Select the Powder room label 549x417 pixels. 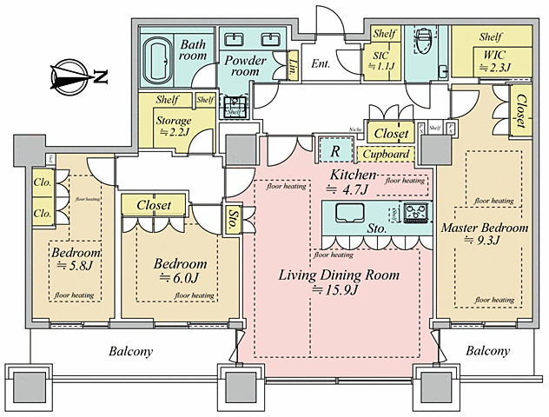(x=246, y=67)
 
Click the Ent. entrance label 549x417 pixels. (x=321, y=63)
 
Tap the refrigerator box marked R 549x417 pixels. (x=334, y=149)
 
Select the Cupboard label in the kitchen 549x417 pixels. (x=385, y=155)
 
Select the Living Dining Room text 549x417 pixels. (x=338, y=282)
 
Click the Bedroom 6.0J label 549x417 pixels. (x=181, y=270)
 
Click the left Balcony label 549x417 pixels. (x=131, y=352)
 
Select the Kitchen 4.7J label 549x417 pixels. (x=350, y=182)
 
